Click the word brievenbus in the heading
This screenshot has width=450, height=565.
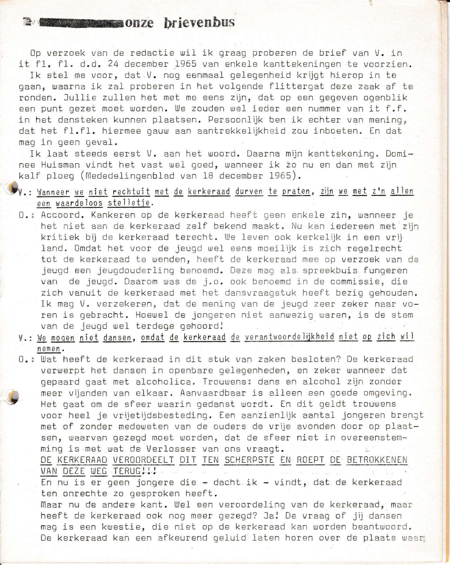tap(199, 22)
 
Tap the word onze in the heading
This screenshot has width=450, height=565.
tap(139, 23)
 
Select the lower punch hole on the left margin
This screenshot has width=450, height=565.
tap(14, 397)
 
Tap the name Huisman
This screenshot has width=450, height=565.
tap(60, 165)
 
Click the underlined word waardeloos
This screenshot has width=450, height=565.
tap(79, 203)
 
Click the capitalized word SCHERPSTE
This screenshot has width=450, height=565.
tap(249, 460)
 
